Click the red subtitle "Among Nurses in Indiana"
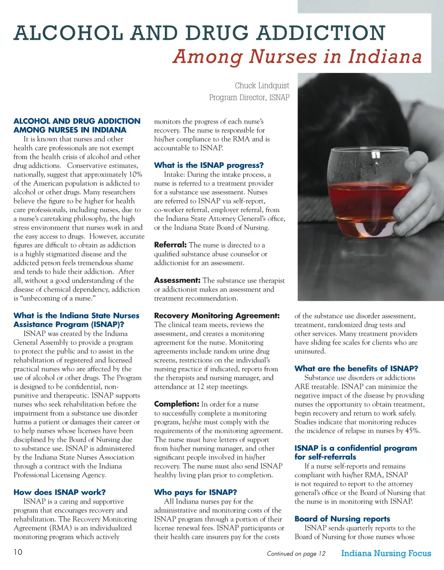pos(297,57)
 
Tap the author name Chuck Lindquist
pos(262,85)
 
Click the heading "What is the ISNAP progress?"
pos(209,165)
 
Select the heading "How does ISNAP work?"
pos(59,492)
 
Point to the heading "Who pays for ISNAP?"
pos(196,492)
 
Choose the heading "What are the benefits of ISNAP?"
pos(356,369)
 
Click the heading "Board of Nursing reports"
pos(342,519)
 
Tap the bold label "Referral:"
pos(170,245)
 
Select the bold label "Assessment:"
pos(177,281)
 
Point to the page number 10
pos(18,552)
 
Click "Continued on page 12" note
pos(296,554)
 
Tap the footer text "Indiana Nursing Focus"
pos(386,553)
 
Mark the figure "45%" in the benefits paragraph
pos(412,431)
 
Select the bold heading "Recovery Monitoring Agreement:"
pos(217,316)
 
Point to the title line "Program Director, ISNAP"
pos(249,98)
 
